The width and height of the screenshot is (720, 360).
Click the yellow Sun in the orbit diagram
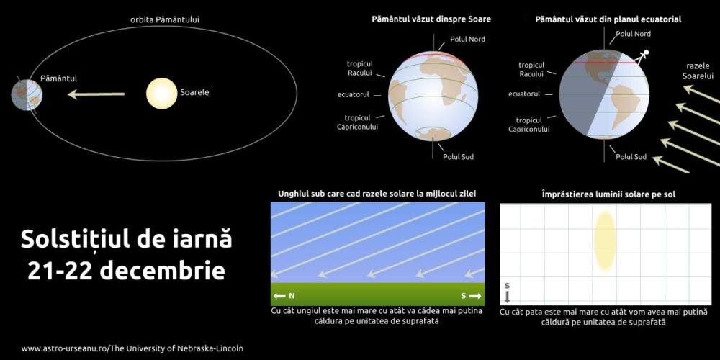tap(161, 94)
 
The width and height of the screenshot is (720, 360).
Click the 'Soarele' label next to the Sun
tap(194, 92)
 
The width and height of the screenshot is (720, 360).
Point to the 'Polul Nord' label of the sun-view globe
tap(467, 39)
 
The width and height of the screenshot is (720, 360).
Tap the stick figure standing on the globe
tap(644, 56)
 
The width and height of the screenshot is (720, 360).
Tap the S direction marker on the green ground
tap(469, 295)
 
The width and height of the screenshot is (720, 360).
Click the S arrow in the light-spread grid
tap(507, 292)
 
